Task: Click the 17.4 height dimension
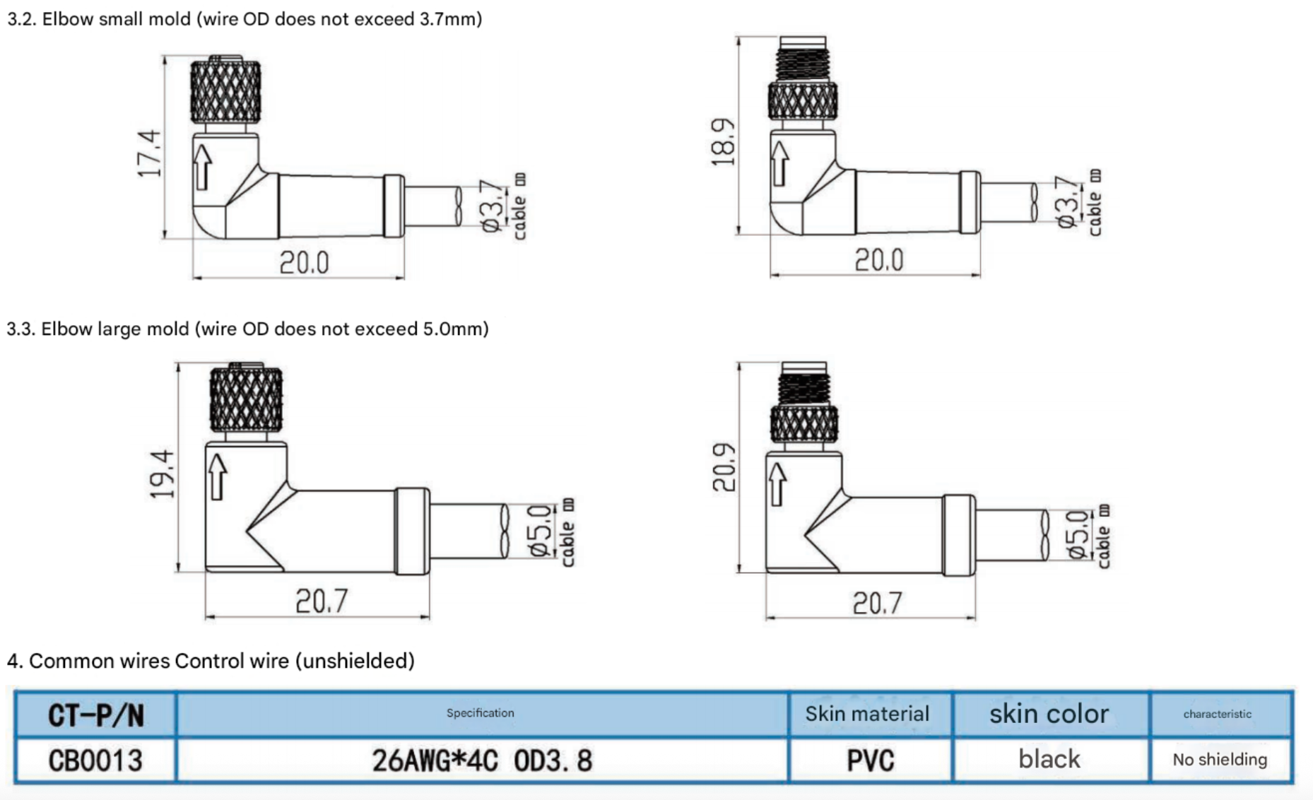click(x=149, y=153)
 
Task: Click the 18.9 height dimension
click(x=722, y=142)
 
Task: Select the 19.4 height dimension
click(x=162, y=473)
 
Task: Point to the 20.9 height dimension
click(x=724, y=467)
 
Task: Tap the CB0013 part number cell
click(x=95, y=760)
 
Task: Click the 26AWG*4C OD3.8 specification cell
click(x=482, y=760)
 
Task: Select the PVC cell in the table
click(x=870, y=760)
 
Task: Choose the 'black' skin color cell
click(x=1049, y=760)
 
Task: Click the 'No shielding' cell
click(x=1220, y=760)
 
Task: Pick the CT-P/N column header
click(x=95, y=715)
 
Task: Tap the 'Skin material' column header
click(x=867, y=714)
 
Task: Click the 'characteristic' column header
click(x=1217, y=714)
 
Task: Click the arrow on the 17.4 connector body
click(x=203, y=167)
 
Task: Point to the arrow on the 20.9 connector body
click(x=777, y=484)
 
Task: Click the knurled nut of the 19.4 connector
click(x=246, y=400)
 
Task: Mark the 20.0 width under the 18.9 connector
click(x=878, y=261)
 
